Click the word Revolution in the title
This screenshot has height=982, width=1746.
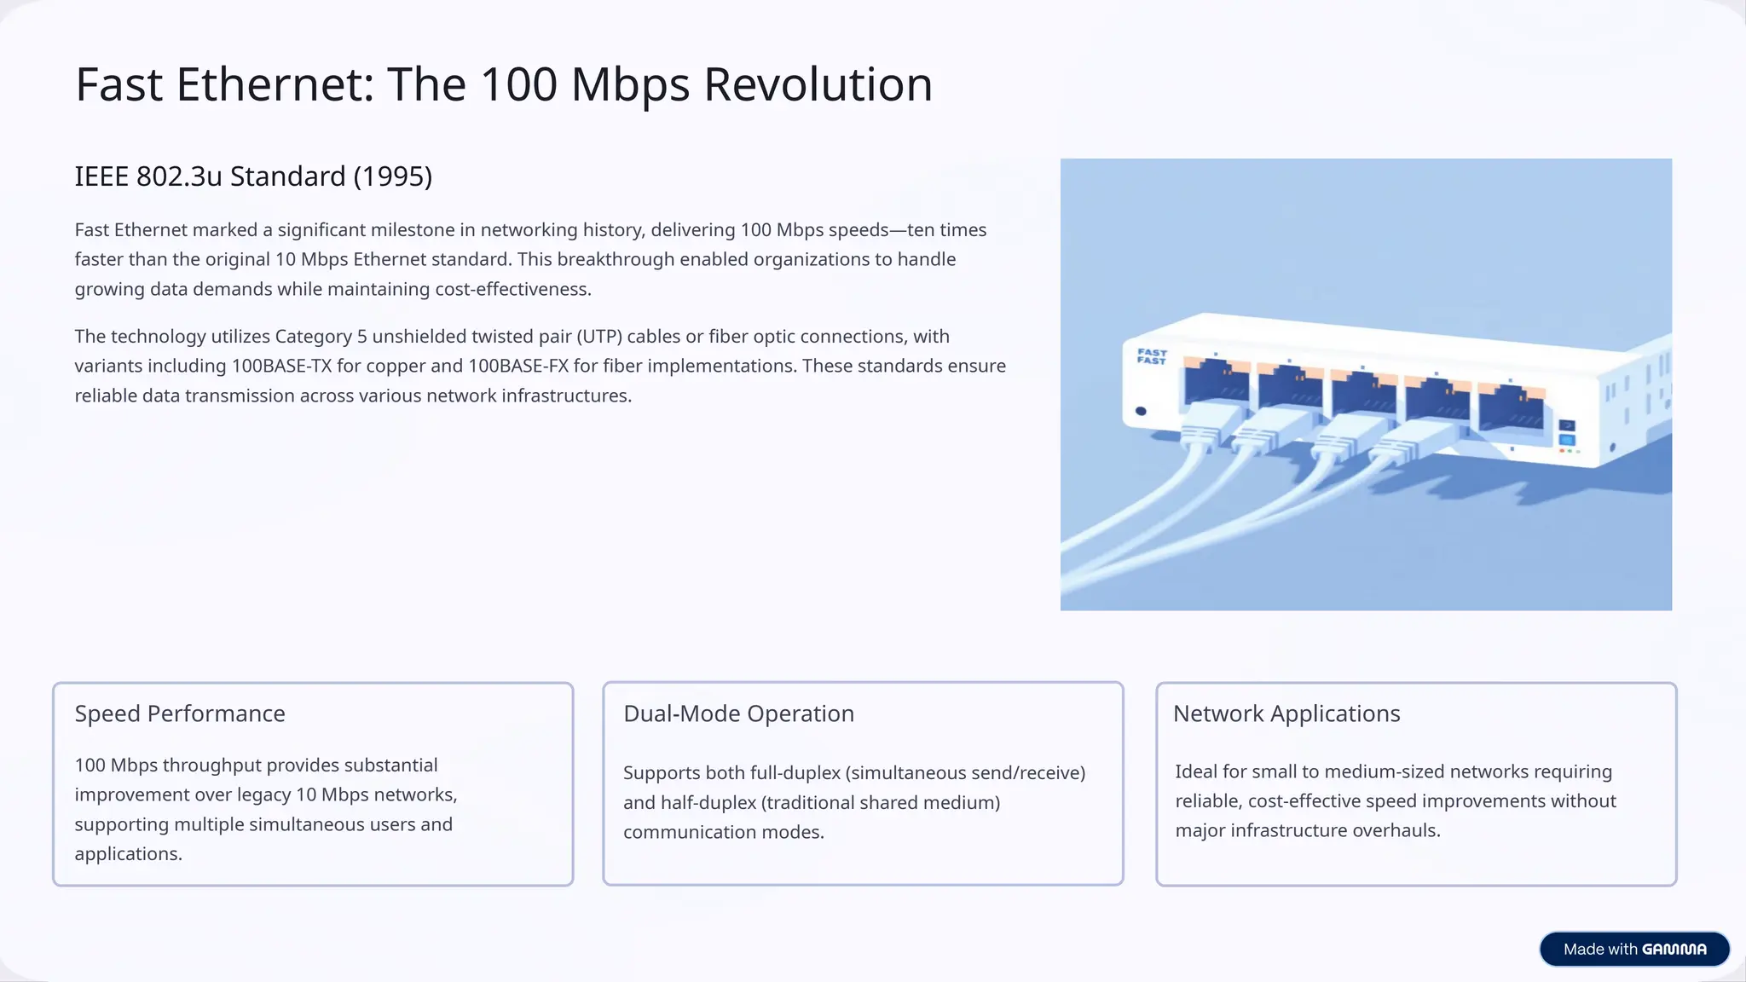pyautogui.click(x=818, y=85)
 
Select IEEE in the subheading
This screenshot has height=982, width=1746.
pyautogui.click(x=102, y=176)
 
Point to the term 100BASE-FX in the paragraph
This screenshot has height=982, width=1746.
pyautogui.click(x=517, y=367)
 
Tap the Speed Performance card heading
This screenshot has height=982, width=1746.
pyautogui.click(x=180, y=713)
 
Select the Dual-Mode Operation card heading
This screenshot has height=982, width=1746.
pyautogui.click(x=738, y=713)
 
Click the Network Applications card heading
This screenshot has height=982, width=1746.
pyautogui.click(x=1286, y=713)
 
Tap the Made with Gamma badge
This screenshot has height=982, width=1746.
pyautogui.click(x=1633, y=949)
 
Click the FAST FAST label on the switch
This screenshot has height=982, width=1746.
pyautogui.click(x=1152, y=356)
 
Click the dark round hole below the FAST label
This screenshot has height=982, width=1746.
pyautogui.click(x=1141, y=412)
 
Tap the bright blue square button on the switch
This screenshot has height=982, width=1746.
pyautogui.click(x=1566, y=440)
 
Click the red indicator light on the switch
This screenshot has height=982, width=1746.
pyautogui.click(x=1562, y=451)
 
